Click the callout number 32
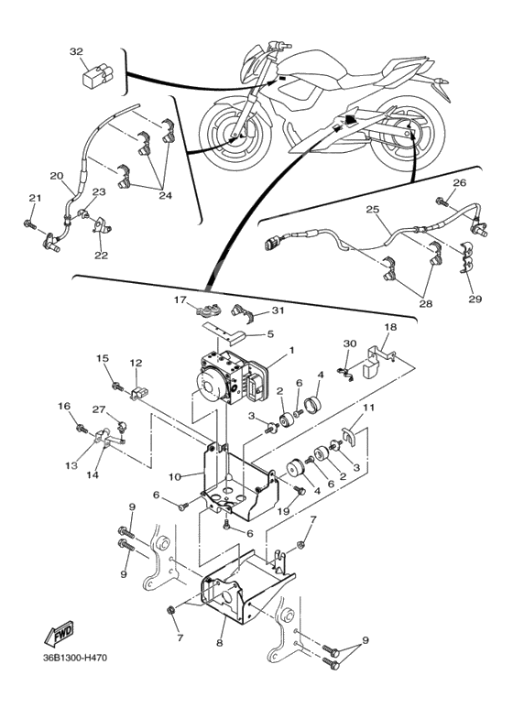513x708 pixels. (76, 51)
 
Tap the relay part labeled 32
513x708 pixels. (97, 74)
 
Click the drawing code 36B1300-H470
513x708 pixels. (75, 658)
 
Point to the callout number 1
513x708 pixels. (291, 350)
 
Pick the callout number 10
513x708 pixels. (175, 476)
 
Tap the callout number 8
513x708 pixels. (220, 643)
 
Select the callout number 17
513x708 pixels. (180, 299)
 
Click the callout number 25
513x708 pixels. (373, 210)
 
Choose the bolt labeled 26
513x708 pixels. (442, 202)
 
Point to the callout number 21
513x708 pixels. (35, 198)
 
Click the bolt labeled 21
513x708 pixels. (29, 223)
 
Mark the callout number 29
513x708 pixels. (475, 299)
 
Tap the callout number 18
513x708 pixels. (390, 326)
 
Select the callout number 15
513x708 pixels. (103, 358)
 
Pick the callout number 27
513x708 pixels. (99, 409)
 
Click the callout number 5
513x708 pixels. (270, 334)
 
